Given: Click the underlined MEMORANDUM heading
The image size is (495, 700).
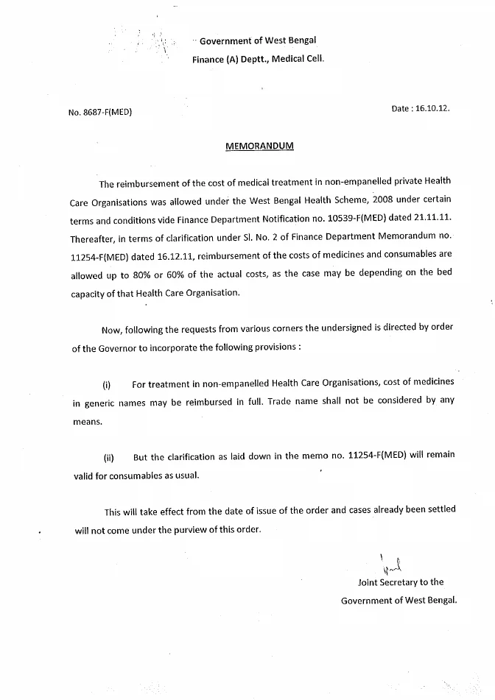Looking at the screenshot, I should coord(259,146).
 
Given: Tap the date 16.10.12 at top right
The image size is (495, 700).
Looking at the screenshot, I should coord(421,108).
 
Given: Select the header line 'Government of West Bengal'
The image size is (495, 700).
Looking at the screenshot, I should coord(258,41).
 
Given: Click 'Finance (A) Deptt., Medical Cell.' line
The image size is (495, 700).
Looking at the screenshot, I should coord(258,59).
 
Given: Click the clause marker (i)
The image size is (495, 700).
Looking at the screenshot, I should coord(107,384).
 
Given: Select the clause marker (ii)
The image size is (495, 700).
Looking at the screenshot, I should coord(108,457).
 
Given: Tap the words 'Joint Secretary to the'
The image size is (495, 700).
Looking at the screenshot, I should coord(401,582).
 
